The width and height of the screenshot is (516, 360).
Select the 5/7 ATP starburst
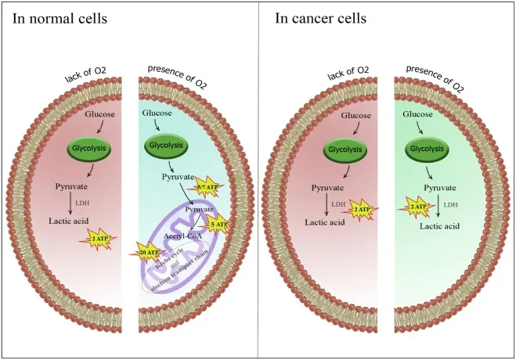(204, 186)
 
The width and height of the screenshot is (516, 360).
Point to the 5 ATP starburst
(220, 225)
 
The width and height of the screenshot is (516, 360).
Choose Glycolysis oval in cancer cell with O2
(423, 145)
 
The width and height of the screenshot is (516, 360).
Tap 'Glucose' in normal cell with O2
(157, 113)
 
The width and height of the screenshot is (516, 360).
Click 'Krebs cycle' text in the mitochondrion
(176, 257)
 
